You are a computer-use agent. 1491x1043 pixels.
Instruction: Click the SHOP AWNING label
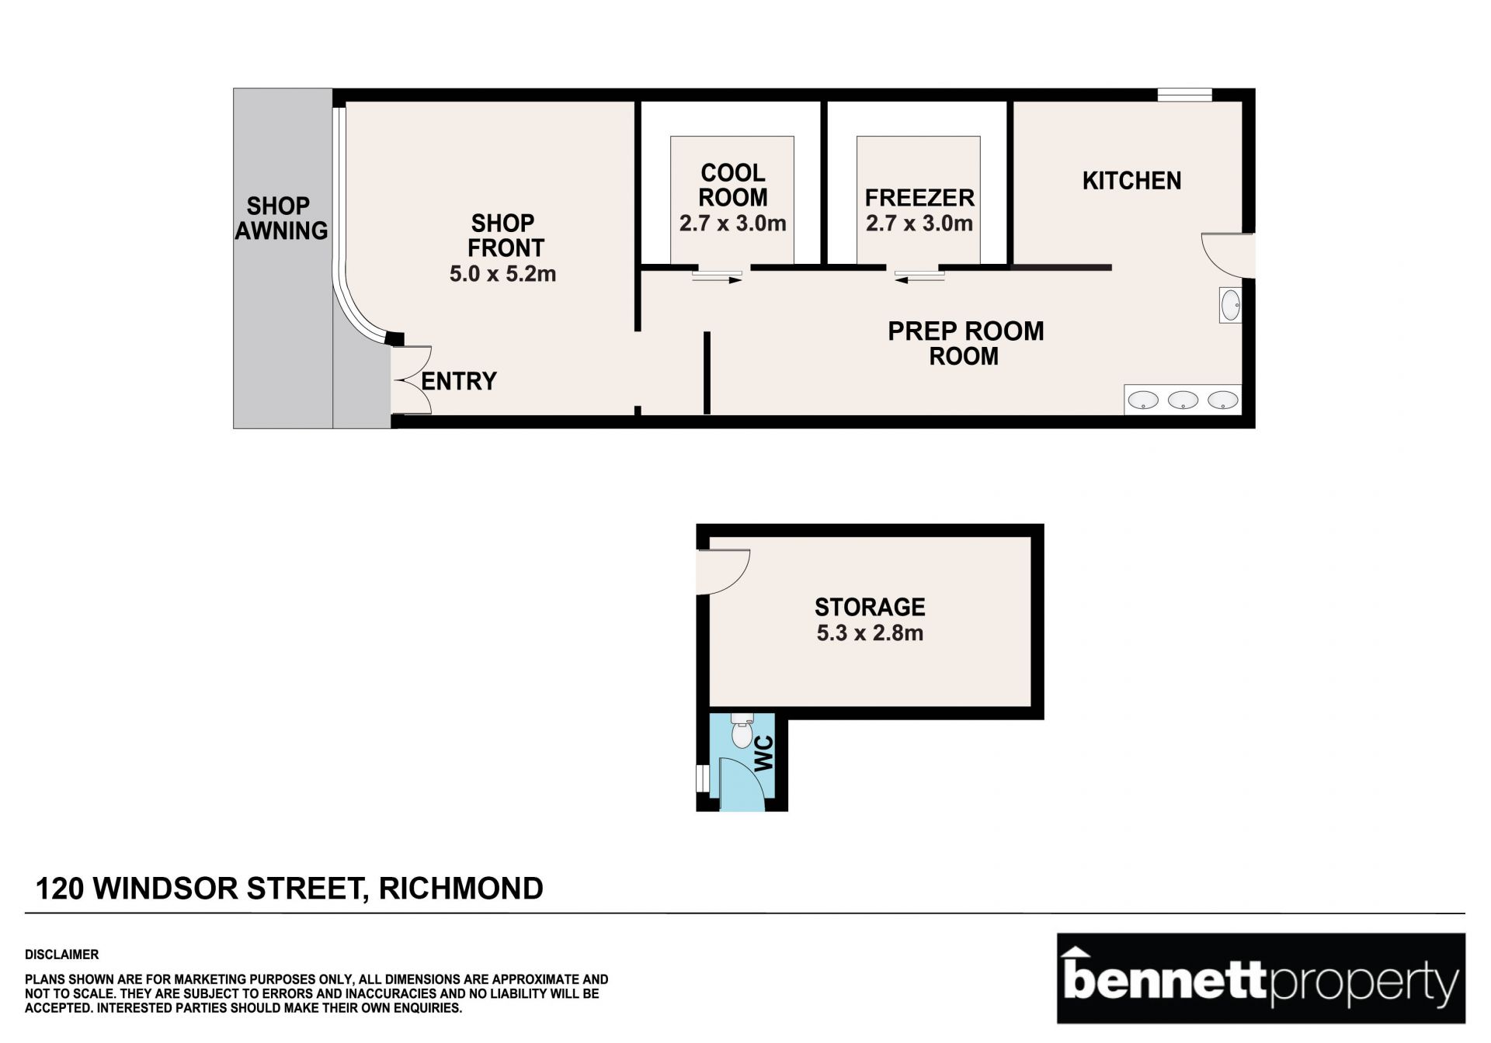pyautogui.click(x=281, y=218)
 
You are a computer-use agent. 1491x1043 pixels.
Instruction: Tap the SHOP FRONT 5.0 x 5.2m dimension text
pyautogui.click(x=502, y=274)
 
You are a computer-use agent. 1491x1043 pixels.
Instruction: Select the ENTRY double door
pyautogui.click(x=412, y=380)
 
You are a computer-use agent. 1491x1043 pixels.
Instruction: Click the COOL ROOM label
pyautogui.click(x=733, y=185)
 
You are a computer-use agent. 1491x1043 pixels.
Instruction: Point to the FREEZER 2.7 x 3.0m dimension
pyautogui.click(x=919, y=223)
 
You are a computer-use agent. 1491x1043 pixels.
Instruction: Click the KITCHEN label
pyautogui.click(x=1131, y=181)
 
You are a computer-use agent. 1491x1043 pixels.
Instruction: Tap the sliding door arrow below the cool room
pyautogui.click(x=717, y=280)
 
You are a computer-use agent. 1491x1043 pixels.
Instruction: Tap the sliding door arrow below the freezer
pyautogui.click(x=919, y=280)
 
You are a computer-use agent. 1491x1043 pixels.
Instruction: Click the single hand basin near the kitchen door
pyautogui.click(x=1230, y=305)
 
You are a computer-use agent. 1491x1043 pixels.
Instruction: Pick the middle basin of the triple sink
pyautogui.click(x=1183, y=400)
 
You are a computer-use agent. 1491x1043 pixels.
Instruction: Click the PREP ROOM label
pyautogui.click(x=965, y=331)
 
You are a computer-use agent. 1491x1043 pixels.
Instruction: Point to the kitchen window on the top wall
pyautogui.click(x=1184, y=95)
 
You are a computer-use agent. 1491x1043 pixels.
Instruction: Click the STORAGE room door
pyautogui.click(x=723, y=572)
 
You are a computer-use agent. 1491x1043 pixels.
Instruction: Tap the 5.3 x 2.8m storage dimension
pyautogui.click(x=870, y=633)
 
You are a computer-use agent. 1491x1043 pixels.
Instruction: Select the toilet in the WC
pyautogui.click(x=742, y=730)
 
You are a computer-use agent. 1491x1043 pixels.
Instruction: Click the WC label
pyautogui.click(x=764, y=754)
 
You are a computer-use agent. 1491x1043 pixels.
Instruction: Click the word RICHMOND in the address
pyautogui.click(x=461, y=889)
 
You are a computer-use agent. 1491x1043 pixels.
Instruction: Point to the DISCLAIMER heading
pyautogui.click(x=62, y=955)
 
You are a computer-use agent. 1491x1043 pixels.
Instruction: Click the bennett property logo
pyautogui.click(x=1261, y=979)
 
